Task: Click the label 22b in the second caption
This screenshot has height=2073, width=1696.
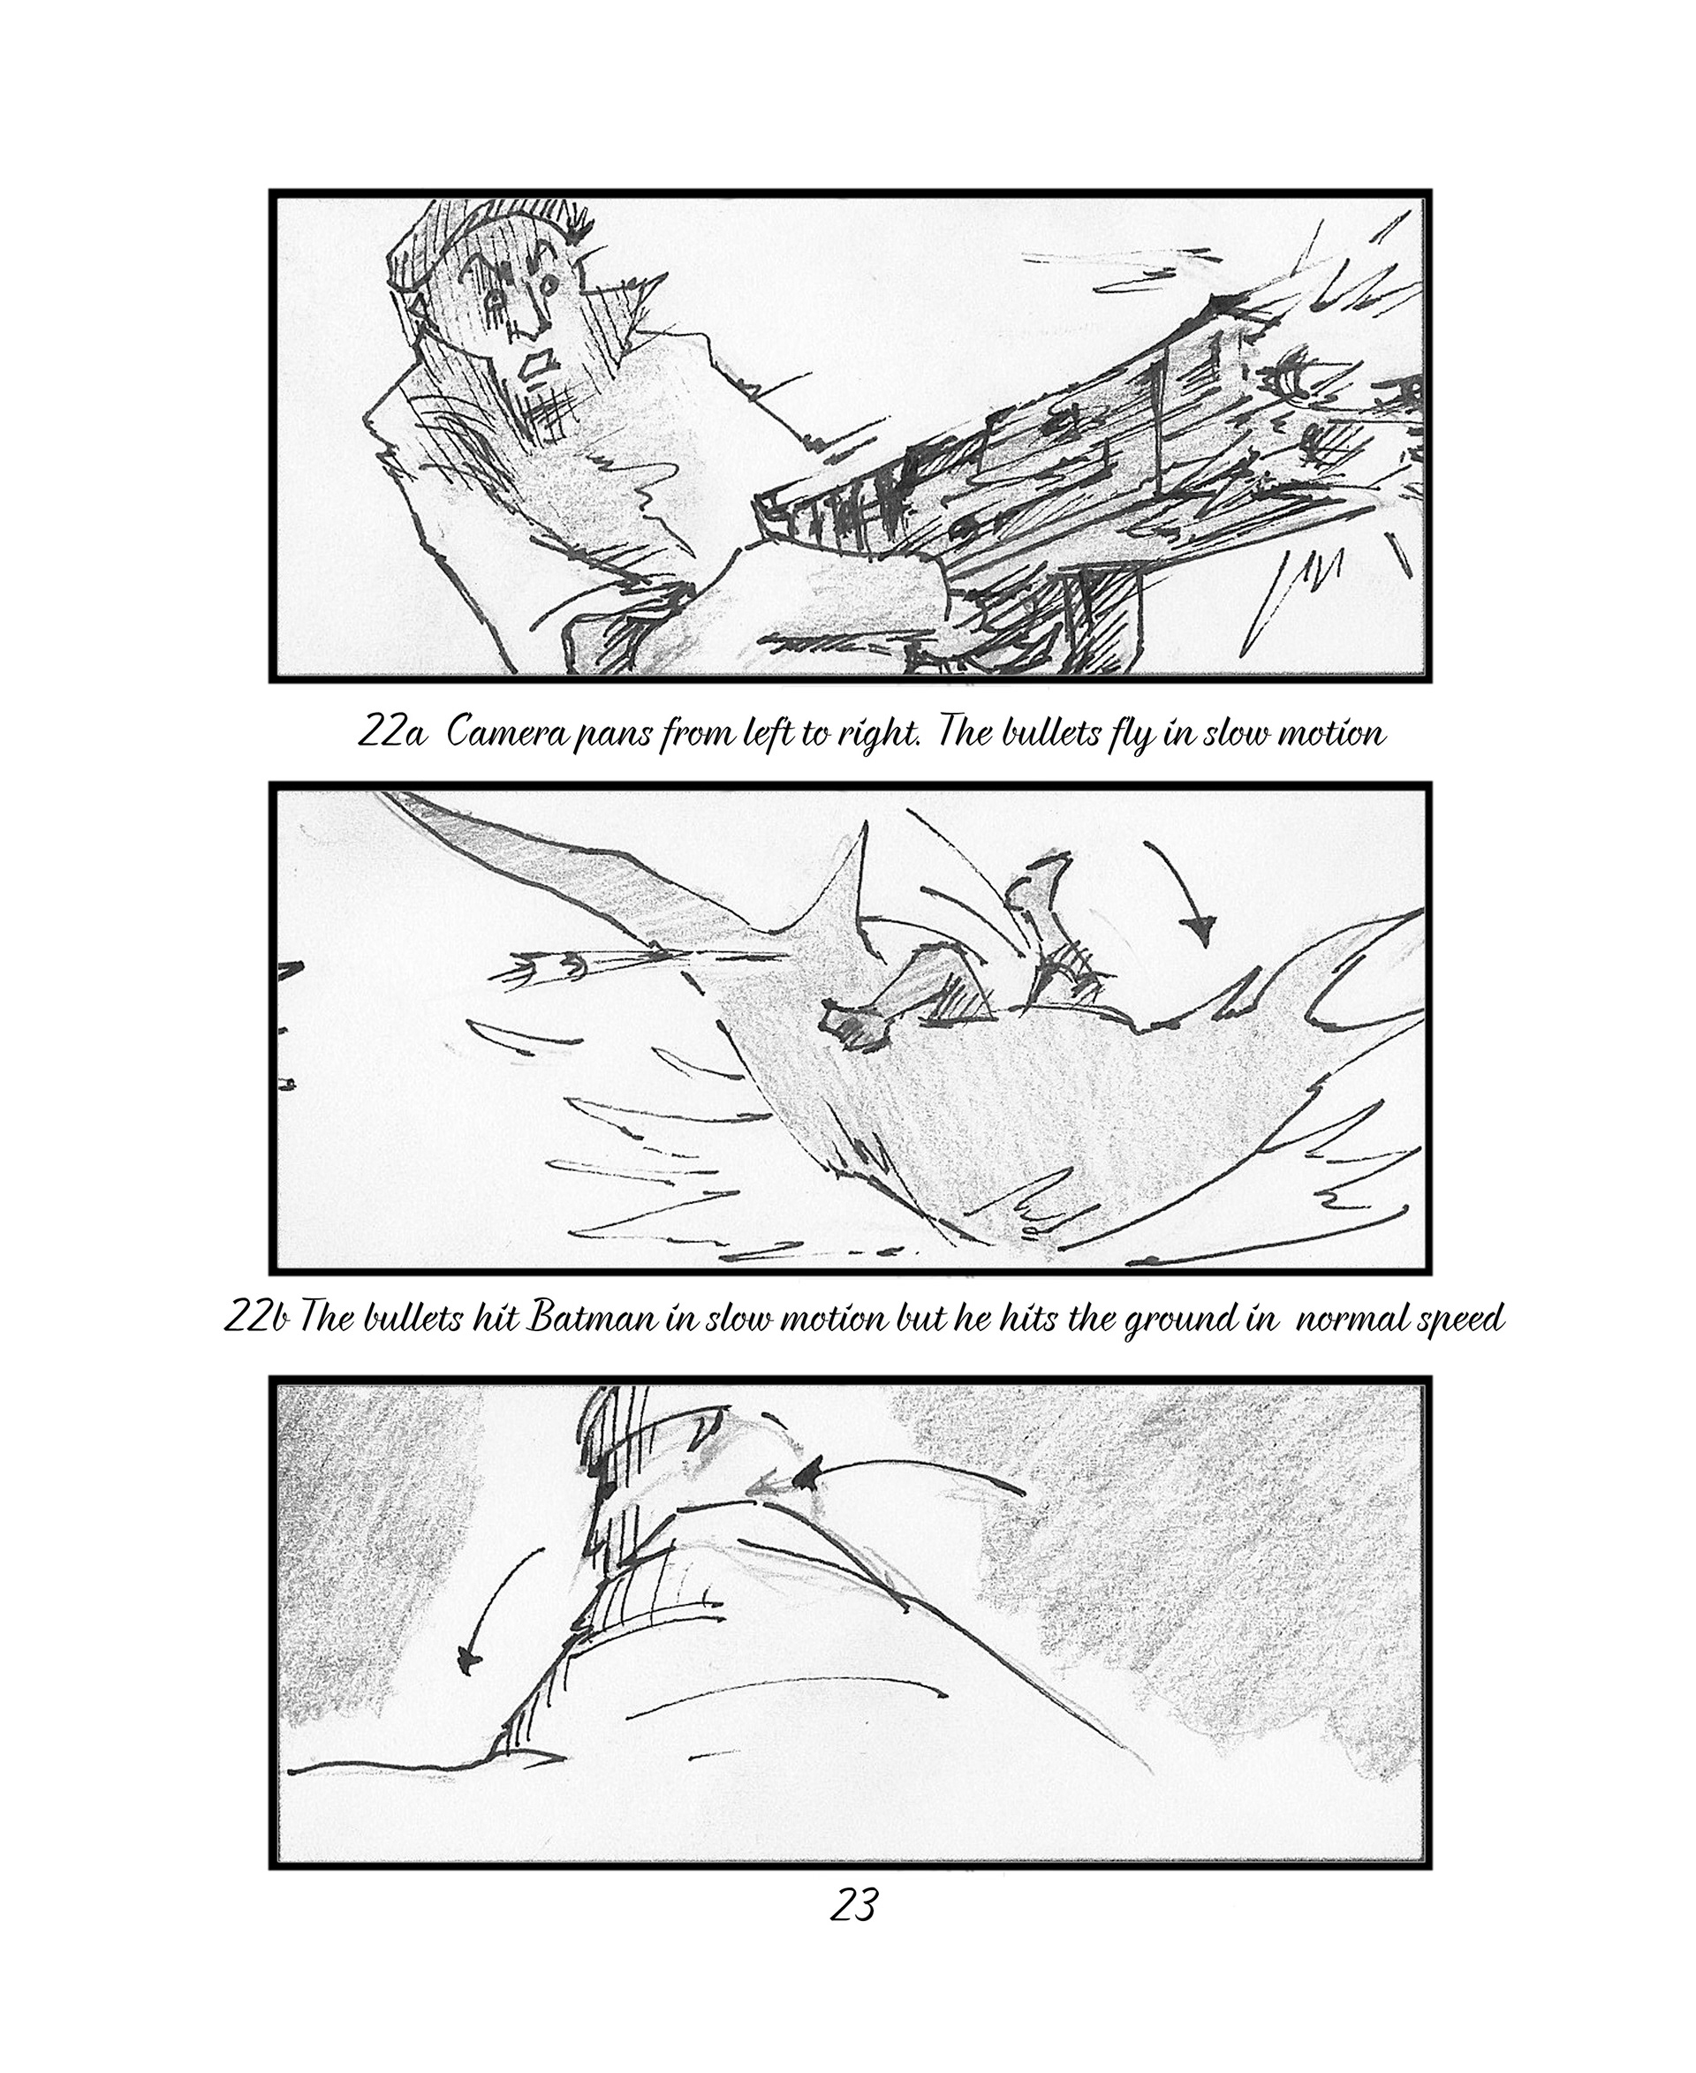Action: [x=255, y=1319]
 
